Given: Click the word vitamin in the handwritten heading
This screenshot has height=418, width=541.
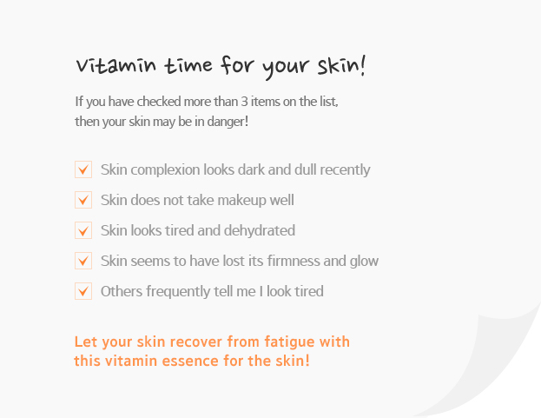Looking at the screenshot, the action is point(115,65).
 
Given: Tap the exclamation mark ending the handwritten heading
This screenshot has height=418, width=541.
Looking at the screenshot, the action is point(362,65).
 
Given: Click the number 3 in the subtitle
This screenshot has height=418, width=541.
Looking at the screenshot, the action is point(244,102).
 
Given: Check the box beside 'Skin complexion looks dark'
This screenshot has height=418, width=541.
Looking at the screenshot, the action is point(83,169).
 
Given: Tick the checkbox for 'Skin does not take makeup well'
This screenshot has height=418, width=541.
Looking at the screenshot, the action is point(83,200).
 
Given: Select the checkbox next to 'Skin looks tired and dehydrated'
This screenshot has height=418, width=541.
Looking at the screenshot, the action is point(83,230).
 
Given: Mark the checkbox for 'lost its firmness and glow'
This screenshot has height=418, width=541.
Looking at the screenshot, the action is point(83,261).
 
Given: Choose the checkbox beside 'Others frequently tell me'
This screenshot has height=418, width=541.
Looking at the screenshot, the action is point(83,291).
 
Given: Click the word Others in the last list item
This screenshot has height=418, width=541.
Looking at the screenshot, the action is point(122,291).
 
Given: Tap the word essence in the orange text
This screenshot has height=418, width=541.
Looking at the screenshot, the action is point(190,361).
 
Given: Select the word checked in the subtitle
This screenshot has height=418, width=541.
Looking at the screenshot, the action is point(159,102).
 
